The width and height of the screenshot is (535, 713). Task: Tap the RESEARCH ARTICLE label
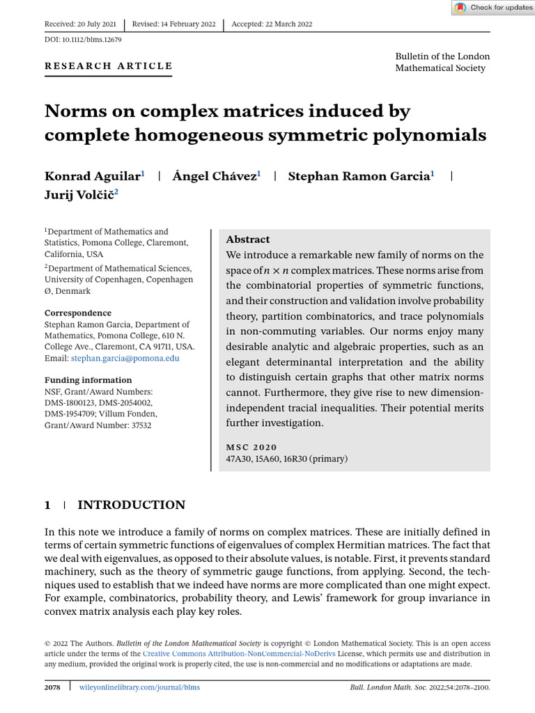click(108, 66)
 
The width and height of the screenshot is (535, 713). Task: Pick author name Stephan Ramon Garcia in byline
click(358, 176)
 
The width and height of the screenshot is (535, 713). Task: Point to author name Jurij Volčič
click(78, 195)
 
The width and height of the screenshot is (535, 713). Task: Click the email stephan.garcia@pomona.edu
click(125, 358)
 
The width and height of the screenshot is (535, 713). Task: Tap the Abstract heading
click(248, 239)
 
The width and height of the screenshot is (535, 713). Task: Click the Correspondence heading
click(78, 313)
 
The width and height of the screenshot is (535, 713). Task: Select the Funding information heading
click(88, 380)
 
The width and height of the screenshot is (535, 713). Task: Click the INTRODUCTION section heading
click(131, 505)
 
